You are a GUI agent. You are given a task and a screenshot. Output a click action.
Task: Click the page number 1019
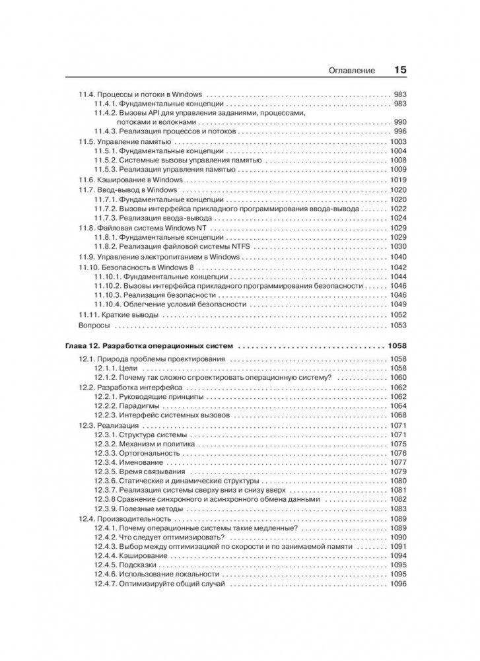click(398, 180)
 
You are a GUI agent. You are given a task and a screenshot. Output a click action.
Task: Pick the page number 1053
click(398, 326)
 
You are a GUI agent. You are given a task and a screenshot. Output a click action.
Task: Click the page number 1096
click(398, 584)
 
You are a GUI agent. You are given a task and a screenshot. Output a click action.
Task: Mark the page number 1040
click(398, 256)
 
